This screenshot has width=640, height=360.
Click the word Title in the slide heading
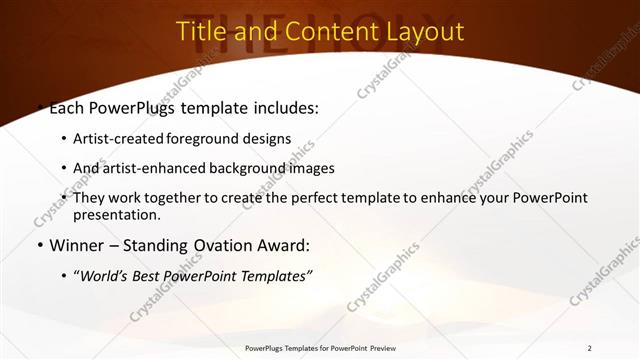click(x=202, y=31)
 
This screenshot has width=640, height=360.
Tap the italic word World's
click(x=107, y=276)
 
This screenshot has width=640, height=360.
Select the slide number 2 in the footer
click(x=590, y=348)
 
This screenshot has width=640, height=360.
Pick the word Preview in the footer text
click(x=393, y=348)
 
